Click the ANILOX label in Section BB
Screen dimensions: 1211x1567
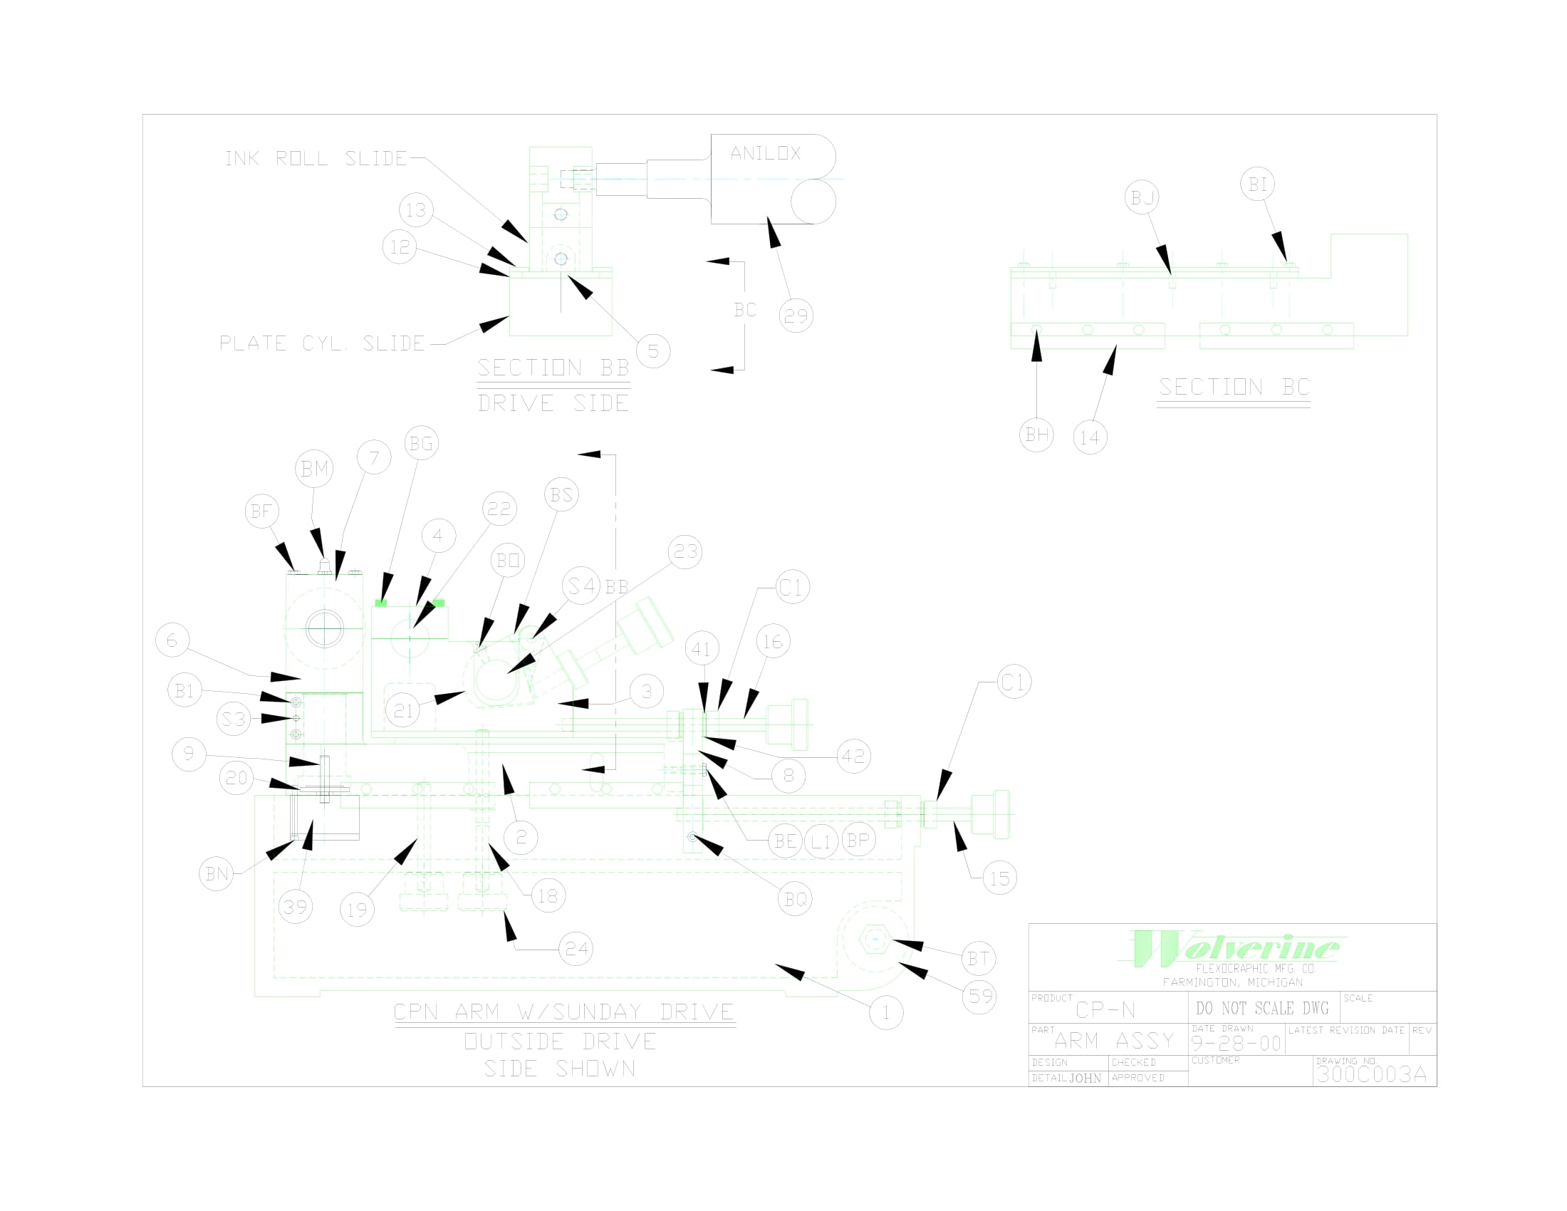[x=765, y=153]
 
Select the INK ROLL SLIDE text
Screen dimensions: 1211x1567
[x=316, y=159]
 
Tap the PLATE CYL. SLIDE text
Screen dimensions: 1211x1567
[x=322, y=343]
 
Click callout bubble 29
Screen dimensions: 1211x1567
[x=796, y=316]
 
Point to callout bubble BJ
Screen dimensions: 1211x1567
[x=1142, y=197]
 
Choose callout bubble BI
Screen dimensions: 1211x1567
[x=1257, y=184]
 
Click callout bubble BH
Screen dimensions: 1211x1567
[x=1036, y=435]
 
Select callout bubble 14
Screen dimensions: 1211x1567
[x=1090, y=437]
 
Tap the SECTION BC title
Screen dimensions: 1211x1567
[x=1234, y=388]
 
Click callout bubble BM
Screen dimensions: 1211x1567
[x=314, y=469]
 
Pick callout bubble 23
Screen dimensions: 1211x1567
[x=685, y=551]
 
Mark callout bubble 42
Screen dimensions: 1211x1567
[x=854, y=756]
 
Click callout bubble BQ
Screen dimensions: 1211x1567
[x=795, y=899]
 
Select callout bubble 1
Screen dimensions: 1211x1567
[x=886, y=1013]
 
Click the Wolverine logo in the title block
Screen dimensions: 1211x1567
[x=1234, y=949]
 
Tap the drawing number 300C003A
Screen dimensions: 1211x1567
[x=1371, y=1074]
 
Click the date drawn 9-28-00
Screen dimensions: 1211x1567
[x=1236, y=1043]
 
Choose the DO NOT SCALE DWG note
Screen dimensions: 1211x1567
[x=1262, y=1008]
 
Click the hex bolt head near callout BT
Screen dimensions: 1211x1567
[x=875, y=938]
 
